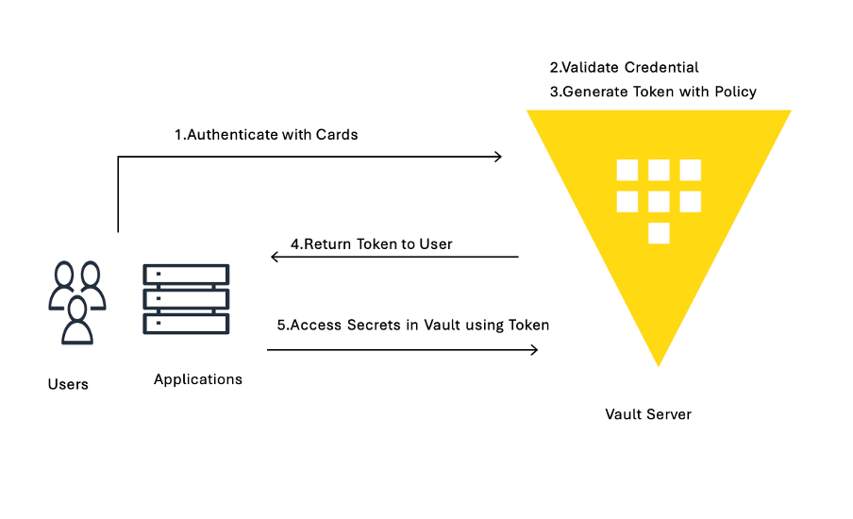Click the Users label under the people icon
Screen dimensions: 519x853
[68, 384]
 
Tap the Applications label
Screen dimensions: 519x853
[198, 379]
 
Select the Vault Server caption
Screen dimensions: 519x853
[648, 414]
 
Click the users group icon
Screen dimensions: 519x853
[76, 301]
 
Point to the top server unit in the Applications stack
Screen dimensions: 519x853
[186, 275]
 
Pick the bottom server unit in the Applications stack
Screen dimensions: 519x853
[186, 323]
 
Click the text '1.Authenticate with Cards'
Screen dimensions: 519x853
[266, 134]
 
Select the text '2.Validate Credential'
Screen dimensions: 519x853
[624, 67]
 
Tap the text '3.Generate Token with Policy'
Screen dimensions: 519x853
[653, 92]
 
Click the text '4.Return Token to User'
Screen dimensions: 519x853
[371, 243]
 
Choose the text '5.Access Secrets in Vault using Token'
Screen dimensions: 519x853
[412, 325]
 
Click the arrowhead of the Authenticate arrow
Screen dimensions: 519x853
[498, 157]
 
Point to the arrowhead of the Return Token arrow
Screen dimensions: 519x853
[275, 257]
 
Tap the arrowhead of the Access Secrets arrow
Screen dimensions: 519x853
[534, 350]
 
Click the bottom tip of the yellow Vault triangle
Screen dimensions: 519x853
[659, 364]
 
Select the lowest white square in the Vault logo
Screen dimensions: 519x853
[659, 233]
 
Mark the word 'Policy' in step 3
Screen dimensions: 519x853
[735, 92]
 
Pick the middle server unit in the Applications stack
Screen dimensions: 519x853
[186, 299]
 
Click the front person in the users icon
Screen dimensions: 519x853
[77, 321]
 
